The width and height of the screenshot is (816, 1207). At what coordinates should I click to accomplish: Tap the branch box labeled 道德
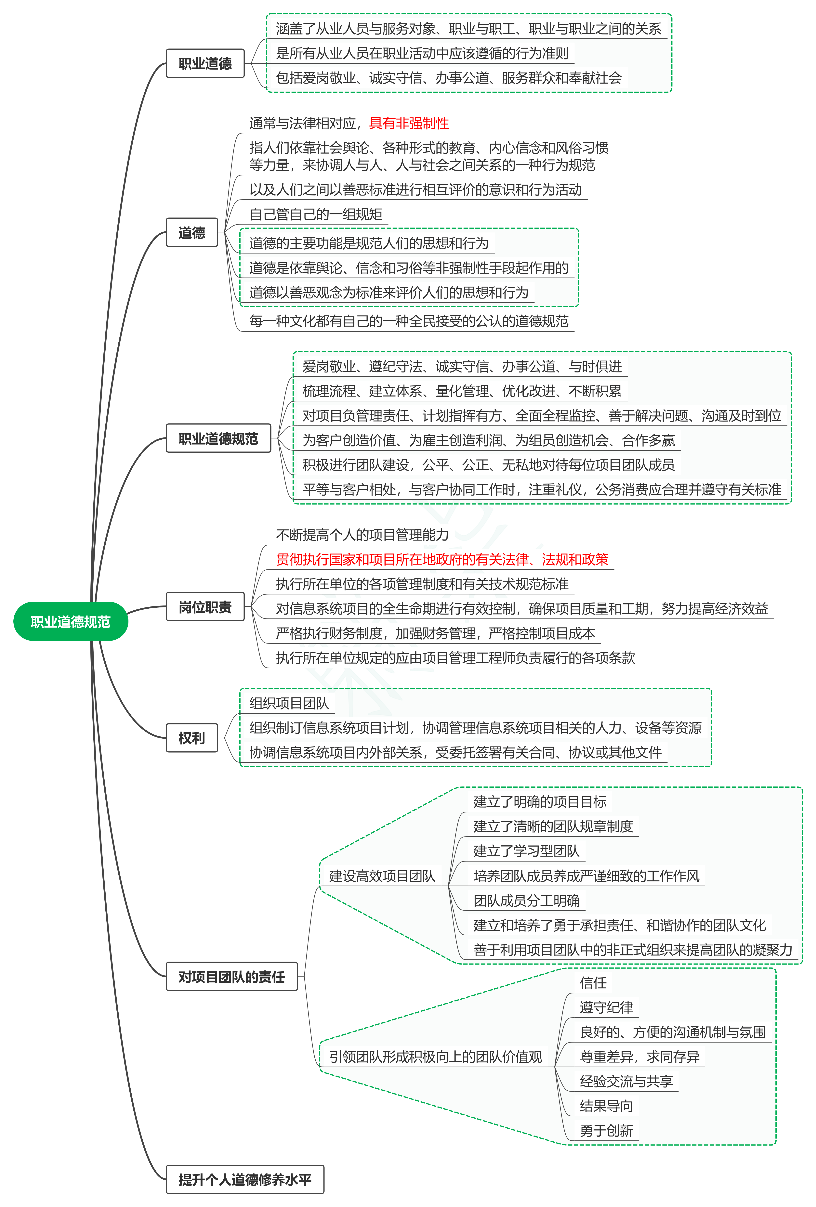coord(192,232)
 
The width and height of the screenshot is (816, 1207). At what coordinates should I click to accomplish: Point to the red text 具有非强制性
coord(409,123)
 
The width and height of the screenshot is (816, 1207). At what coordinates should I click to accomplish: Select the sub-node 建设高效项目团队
coord(382,876)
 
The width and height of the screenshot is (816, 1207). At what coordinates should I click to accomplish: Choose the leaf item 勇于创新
coord(606,1131)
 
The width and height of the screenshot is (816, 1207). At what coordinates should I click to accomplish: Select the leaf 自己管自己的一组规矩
coord(316,214)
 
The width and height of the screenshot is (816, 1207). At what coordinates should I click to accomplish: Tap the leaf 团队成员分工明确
coord(526,901)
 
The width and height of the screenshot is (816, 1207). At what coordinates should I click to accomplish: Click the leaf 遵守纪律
coord(606,1007)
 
